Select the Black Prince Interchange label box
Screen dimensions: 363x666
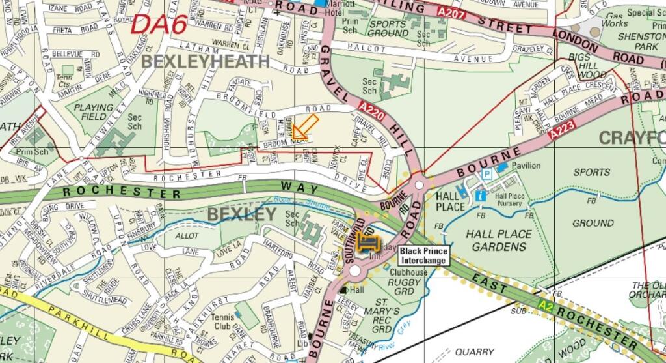point(423,255)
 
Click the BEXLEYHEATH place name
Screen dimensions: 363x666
point(205,62)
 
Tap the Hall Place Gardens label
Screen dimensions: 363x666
point(499,240)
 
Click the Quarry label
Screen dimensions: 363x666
point(474,352)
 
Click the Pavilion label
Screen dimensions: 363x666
point(526,166)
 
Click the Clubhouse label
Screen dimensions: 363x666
point(409,272)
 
